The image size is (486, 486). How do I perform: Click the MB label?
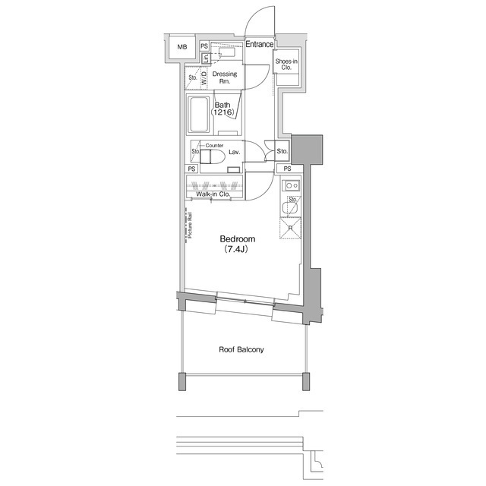pyautogui.click(x=181, y=48)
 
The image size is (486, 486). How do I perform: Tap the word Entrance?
pyautogui.click(x=259, y=45)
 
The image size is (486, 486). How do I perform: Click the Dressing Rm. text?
pyautogui.click(x=224, y=77)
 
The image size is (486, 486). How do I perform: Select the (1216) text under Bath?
pyautogui.click(x=222, y=113)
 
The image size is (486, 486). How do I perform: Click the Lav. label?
pyautogui.click(x=234, y=153)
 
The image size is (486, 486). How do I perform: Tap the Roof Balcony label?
pyautogui.click(x=241, y=349)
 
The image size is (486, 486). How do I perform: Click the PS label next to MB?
pyautogui.click(x=204, y=46)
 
